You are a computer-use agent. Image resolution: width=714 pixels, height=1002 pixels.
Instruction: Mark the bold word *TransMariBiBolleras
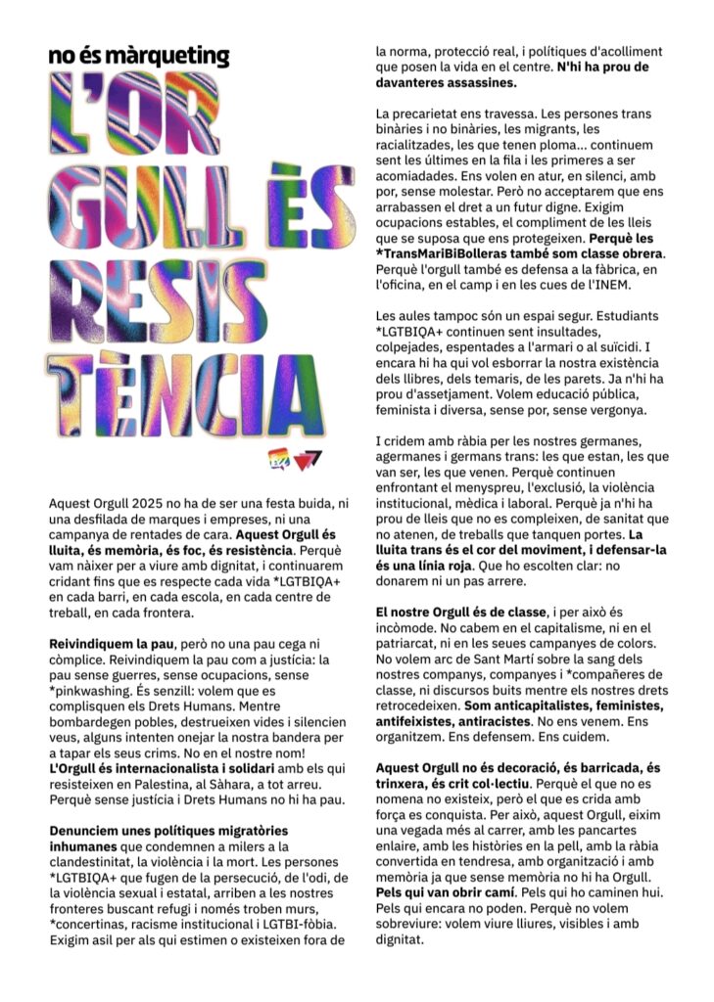click(447, 253)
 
